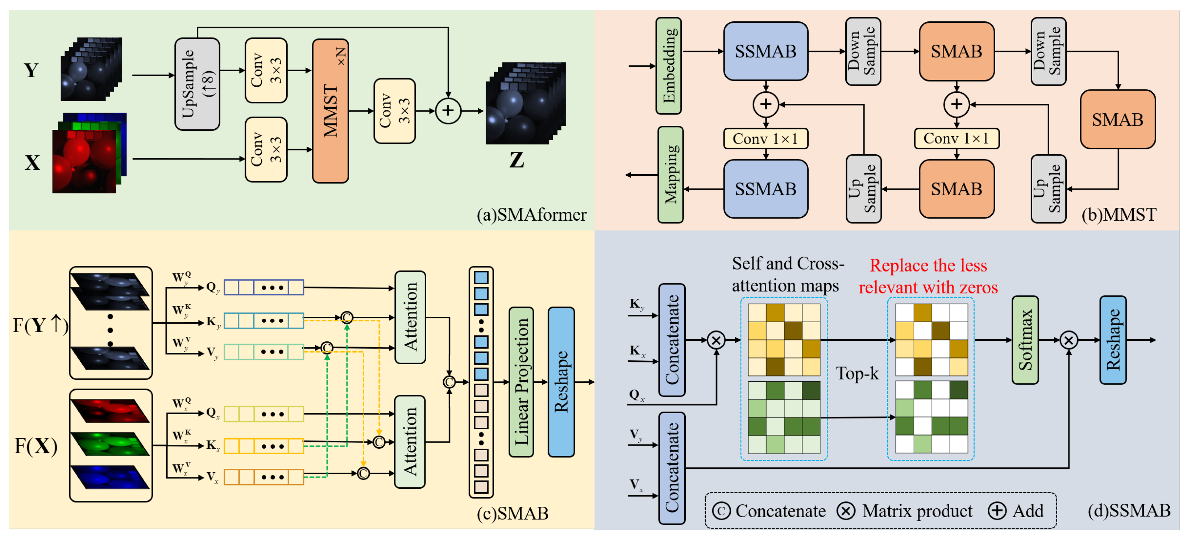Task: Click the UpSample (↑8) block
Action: coord(197,84)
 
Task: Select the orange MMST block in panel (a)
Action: coord(330,111)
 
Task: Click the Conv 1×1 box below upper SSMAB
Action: coord(765,139)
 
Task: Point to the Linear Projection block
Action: coord(521,382)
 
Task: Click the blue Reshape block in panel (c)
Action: coord(561,382)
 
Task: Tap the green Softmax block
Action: coord(1025,340)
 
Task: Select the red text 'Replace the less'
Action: coord(928,266)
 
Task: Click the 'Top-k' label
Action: coord(857,373)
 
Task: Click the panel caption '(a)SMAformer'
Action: coord(531,215)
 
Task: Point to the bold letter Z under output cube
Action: coord(516,160)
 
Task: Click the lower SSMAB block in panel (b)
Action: coord(765,189)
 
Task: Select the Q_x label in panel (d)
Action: coord(636,395)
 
